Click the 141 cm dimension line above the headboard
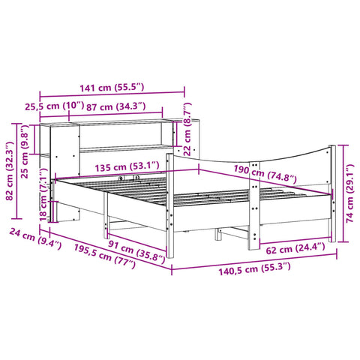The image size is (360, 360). click(112, 96)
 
